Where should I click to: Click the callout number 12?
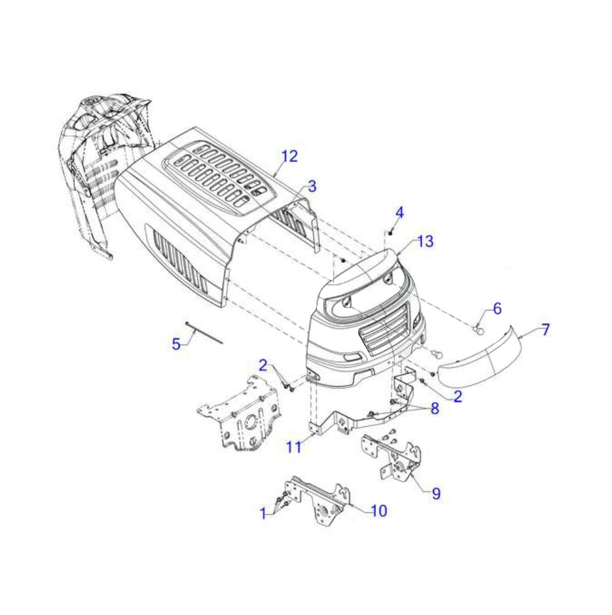pos(290,157)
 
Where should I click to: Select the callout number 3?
pos(312,187)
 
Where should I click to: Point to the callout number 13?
pos(426,241)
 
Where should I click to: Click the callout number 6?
pos(497,309)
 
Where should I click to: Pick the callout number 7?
pos(546,330)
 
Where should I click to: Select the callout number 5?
pos(177,344)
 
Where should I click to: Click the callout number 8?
pos(435,409)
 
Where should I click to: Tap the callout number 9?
pos(436,493)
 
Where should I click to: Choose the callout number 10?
pos(379,510)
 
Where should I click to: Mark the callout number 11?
pos(294,447)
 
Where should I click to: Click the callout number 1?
pos(264,512)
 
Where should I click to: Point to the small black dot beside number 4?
pos(391,234)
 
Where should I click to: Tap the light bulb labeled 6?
pos(479,331)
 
